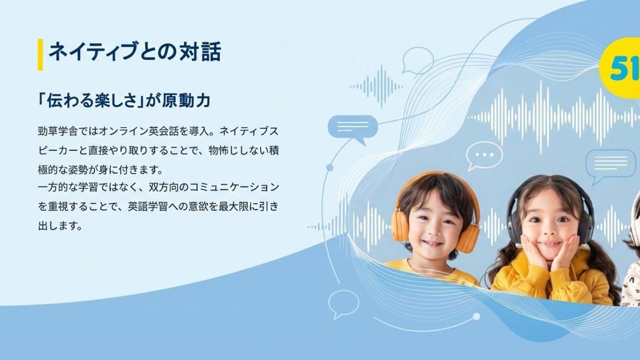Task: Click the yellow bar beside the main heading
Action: (x=40, y=54)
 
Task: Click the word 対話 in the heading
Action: (x=200, y=51)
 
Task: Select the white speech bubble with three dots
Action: (x=484, y=156)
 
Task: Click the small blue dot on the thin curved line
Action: (x=329, y=167)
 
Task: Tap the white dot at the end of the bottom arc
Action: (x=476, y=316)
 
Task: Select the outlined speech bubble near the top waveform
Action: (x=417, y=60)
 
